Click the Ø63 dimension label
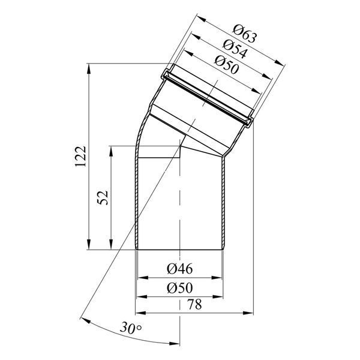point(244,34)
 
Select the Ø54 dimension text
point(235,49)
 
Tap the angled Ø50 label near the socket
point(227,65)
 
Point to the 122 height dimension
point(80,156)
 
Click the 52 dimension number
point(103,197)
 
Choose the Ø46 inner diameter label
point(180,269)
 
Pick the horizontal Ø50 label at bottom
point(180,288)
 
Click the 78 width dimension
point(194,304)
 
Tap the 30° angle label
point(131,328)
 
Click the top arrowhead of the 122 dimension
point(89,68)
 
